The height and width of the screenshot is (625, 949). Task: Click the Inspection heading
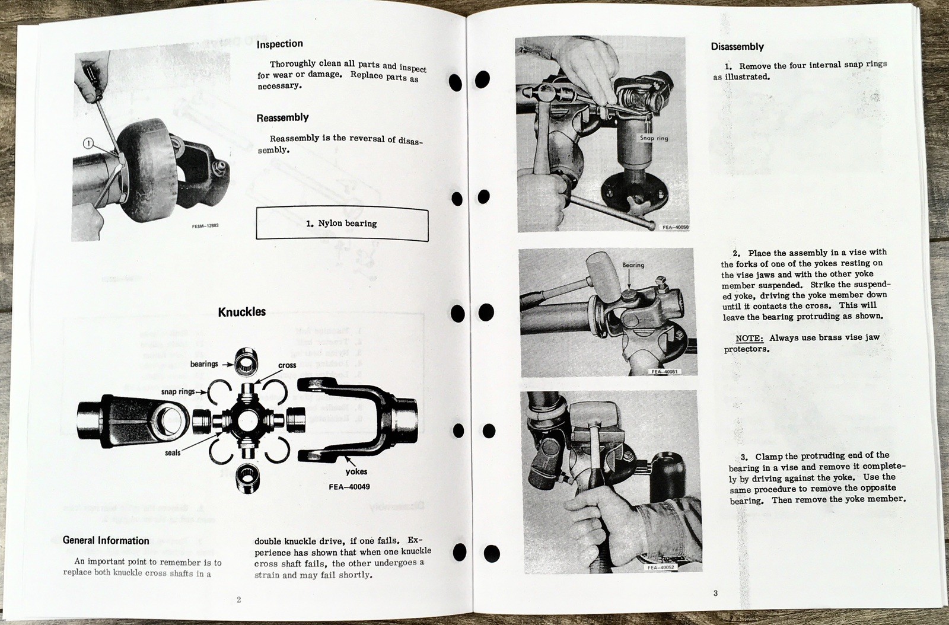[279, 44]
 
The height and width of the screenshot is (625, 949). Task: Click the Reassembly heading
[282, 117]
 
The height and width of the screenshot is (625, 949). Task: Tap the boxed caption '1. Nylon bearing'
[342, 224]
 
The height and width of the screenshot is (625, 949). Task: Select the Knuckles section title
[241, 312]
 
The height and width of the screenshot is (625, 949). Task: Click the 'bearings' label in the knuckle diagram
[204, 363]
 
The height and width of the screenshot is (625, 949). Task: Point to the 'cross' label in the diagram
[287, 365]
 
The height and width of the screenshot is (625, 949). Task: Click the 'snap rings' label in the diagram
[178, 392]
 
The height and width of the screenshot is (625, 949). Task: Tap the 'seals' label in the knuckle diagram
[173, 452]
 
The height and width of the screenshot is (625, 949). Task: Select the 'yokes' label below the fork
[356, 472]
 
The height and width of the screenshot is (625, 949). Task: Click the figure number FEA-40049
[349, 486]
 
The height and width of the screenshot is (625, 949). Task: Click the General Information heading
[106, 540]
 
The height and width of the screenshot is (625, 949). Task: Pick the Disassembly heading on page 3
[737, 47]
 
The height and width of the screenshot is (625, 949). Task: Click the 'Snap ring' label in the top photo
[653, 138]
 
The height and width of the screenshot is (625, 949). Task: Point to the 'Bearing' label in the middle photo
[633, 265]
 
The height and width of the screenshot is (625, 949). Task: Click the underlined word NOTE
[749, 338]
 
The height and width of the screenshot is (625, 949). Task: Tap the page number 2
[238, 600]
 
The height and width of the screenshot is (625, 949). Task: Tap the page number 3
[715, 594]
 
